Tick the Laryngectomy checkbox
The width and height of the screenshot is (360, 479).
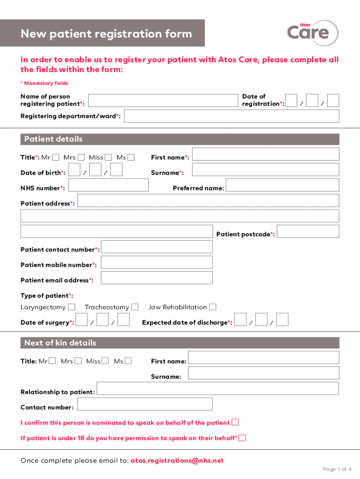pyautogui.click(x=72, y=307)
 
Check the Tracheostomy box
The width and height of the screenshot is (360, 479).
pyautogui.click(x=135, y=307)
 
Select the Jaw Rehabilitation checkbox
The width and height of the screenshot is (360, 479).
pyautogui.click(x=213, y=307)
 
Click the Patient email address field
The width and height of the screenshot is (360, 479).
pyautogui.click(x=157, y=278)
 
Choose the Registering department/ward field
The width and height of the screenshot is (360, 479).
pyautogui.click(x=232, y=116)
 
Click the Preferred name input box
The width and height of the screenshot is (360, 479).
pyautogui.click(x=283, y=185)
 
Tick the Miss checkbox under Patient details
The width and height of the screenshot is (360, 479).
pyautogui.click(x=108, y=157)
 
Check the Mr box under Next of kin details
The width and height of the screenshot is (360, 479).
pyautogui.click(x=52, y=361)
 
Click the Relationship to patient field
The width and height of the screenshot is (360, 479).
pyautogui.click(x=217, y=389)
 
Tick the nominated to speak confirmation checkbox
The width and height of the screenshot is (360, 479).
pyautogui.click(x=236, y=422)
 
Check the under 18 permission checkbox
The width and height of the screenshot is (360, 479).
pyautogui.click(x=242, y=438)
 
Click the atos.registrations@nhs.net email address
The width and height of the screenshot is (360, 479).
pyautogui.click(x=177, y=461)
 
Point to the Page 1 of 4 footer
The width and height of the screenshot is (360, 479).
pyautogui.click(x=337, y=469)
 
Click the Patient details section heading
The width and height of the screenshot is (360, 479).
pyautogui.click(x=53, y=139)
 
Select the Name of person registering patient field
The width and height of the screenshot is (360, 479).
pyautogui.click(x=163, y=101)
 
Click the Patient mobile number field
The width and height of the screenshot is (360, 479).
pyautogui.click(x=157, y=262)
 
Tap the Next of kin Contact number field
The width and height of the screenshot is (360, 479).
pyautogui.click(x=145, y=404)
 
